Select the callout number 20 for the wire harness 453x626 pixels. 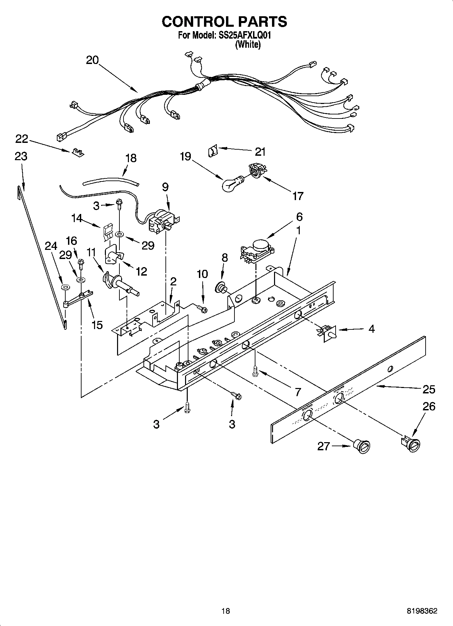click(92, 60)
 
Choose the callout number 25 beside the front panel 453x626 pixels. click(429, 389)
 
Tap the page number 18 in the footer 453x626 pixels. click(226, 611)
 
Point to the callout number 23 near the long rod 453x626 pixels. click(21, 156)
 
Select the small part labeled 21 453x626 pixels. click(212, 150)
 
